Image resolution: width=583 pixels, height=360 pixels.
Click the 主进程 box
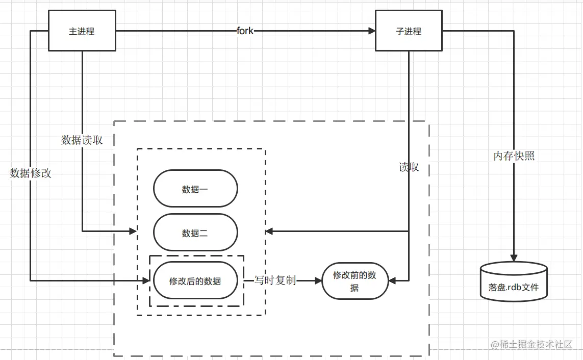tap(82, 31)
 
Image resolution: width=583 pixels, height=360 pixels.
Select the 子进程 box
tap(409, 31)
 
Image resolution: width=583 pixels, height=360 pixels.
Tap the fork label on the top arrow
tap(245, 31)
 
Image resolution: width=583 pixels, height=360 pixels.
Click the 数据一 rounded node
tap(195, 189)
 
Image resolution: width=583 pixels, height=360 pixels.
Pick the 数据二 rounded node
tap(195, 233)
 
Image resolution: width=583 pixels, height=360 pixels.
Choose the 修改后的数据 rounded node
tap(195, 280)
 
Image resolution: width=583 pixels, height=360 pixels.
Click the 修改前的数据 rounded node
tap(355, 281)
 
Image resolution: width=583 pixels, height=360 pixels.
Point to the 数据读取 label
tap(82, 140)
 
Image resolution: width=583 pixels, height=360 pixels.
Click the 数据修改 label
tap(31, 173)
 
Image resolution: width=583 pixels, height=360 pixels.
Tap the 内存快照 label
tap(514, 156)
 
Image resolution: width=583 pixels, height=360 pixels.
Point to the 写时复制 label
tap(275, 280)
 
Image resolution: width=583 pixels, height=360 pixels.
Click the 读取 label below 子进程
tap(409, 167)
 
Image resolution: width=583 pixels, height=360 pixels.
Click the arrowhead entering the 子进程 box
tap(371, 31)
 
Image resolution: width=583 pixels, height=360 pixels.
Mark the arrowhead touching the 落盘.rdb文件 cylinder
tap(514, 258)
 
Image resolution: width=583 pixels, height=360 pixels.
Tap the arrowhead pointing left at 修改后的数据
tap(149, 280)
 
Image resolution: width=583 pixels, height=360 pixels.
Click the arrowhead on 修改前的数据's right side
tap(393, 280)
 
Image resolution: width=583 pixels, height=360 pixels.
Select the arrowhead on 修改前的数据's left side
tap(318, 280)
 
